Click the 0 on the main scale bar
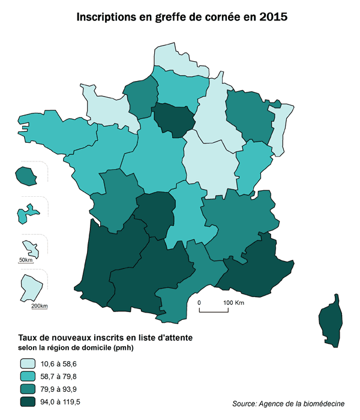point(200,302)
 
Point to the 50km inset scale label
point(26,260)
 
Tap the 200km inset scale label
point(39,306)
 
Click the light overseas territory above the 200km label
point(28,287)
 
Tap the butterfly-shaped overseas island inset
point(28,213)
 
